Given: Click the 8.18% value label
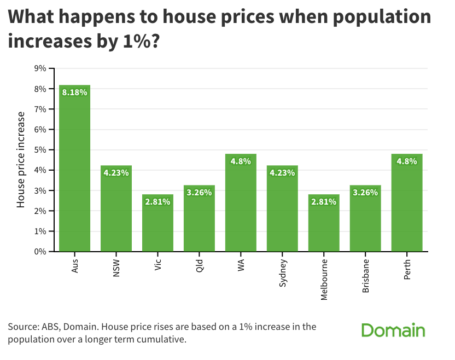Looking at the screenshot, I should [x=74, y=92].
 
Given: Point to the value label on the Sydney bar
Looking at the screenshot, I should [x=282, y=173].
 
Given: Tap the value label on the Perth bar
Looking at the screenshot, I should [x=407, y=161].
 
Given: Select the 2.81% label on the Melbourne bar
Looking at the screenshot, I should [x=324, y=202].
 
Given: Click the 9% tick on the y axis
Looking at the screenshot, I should [x=40, y=68].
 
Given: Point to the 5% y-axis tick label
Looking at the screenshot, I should [x=40, y=150].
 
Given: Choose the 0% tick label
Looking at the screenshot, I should [x=40, y=252].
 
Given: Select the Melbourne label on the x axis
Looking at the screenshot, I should [x=324, y=277].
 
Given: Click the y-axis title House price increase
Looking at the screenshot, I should [x=21, y=160].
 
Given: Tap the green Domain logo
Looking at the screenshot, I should [x=393, y=330].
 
